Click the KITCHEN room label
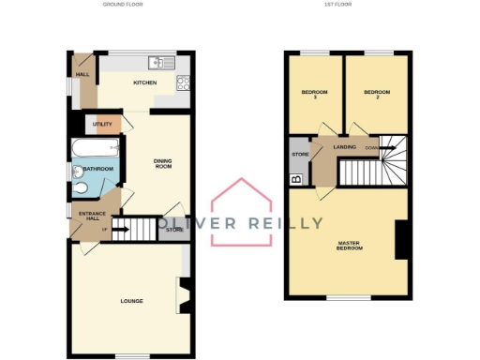click(144, 83)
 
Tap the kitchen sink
click(157, 64)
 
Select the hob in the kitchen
click(184, 82)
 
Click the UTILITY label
click(103, 124)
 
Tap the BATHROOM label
click(98, 169)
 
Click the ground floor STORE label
click(173, 229)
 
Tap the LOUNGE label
click(130, 301)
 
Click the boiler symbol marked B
click(296, 177)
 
